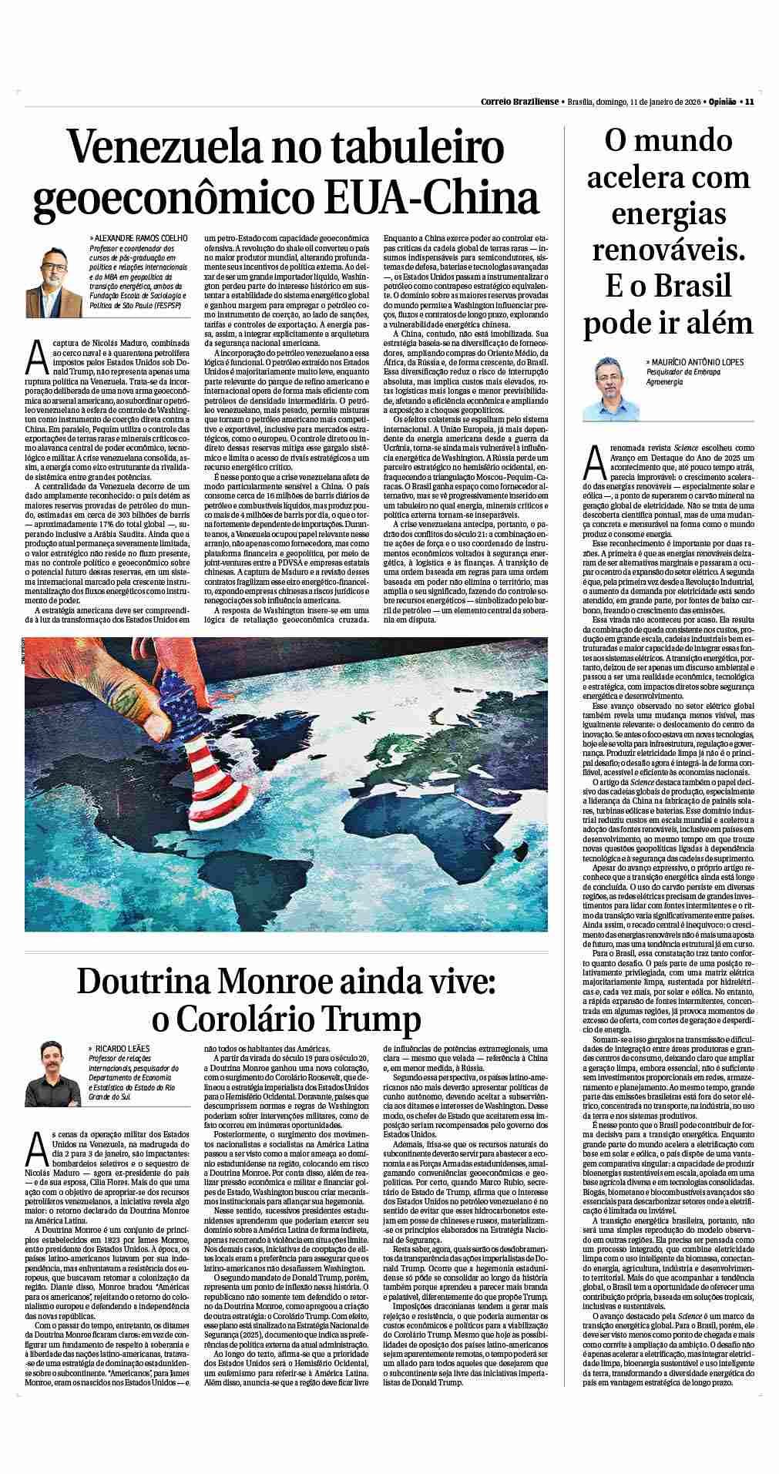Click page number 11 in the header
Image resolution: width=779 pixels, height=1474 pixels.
pyautogui.click(x=748, y=101)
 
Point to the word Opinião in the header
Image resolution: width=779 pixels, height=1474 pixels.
pyautogui.click(x=722, y=101)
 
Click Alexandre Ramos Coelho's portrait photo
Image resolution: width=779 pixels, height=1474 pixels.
pyautogui.click(x=53, y=275)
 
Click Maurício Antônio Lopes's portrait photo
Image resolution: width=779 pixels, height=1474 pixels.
pyautogui.click(x=617, y=388)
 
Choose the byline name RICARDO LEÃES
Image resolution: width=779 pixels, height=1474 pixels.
pyautogui.click(x=124, y=1049)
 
